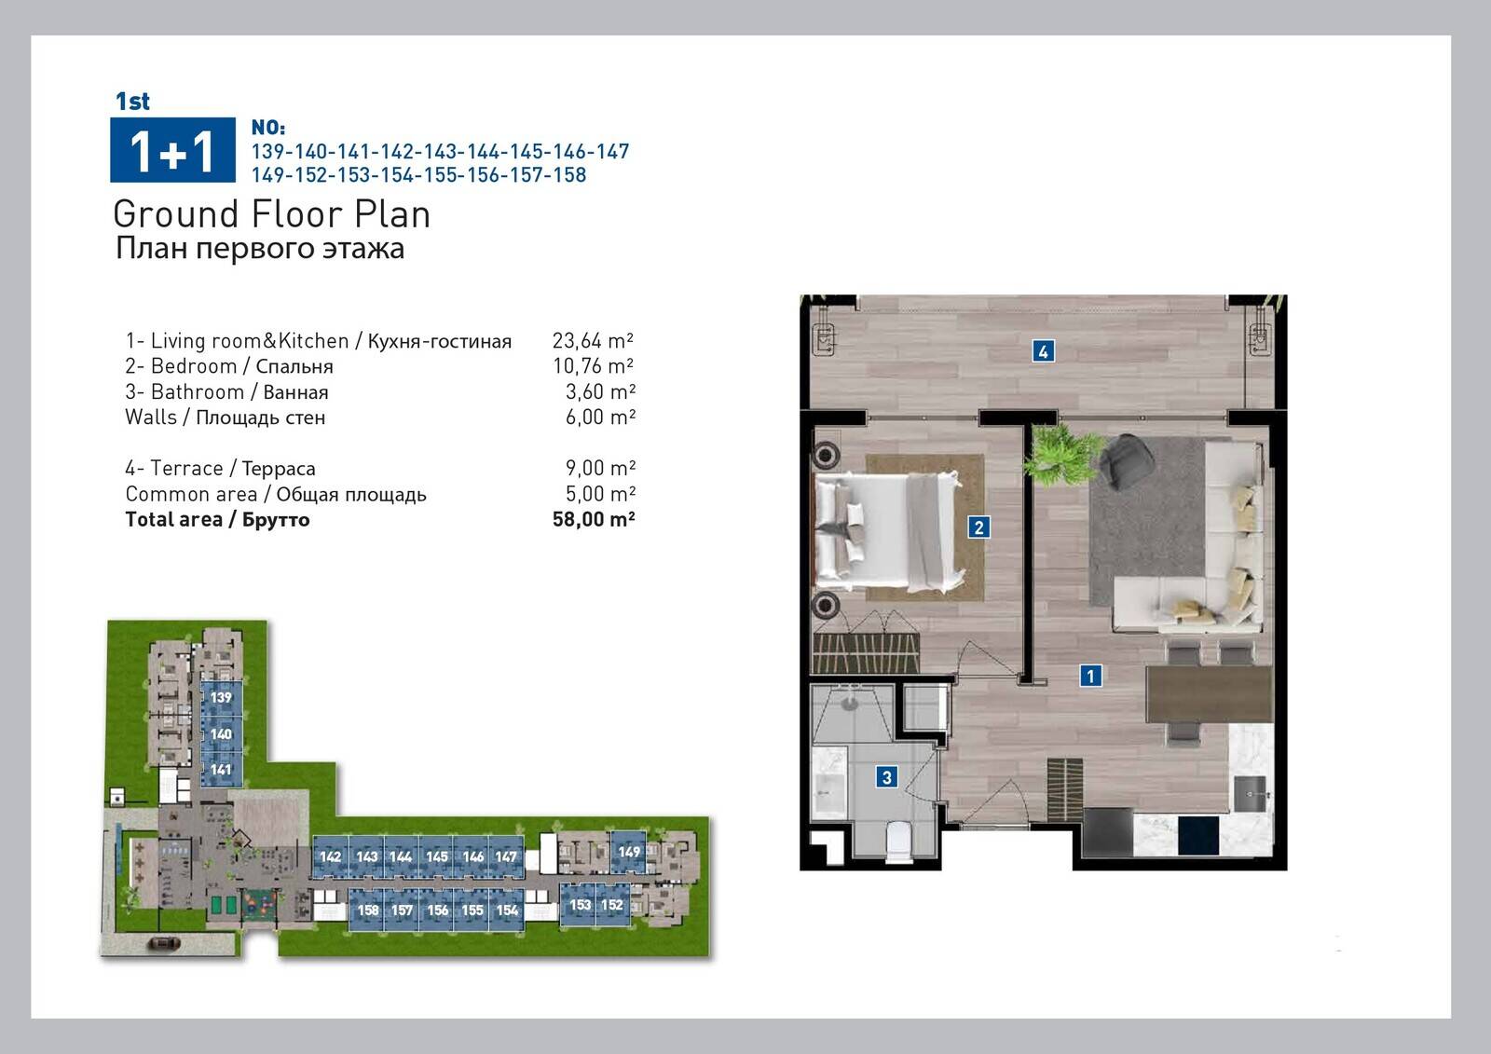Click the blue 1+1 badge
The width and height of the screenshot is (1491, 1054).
pos(172,150)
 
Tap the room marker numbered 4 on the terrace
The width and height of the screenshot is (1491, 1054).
pos(1043,351)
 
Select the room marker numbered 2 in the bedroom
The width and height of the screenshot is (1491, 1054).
pos(978,527)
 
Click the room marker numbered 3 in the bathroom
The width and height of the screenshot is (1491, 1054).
pos(886,776)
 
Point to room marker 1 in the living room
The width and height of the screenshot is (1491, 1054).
pos(1090,676)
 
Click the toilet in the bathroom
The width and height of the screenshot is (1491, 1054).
pos(899,838)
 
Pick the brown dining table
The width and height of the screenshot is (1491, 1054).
pos(1209,694)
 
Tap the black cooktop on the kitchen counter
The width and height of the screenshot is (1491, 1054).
pos(1198,835)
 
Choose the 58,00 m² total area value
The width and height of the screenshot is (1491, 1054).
pos(593,519)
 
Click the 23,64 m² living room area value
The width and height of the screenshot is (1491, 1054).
pos(593,341)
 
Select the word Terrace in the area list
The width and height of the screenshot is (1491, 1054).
pos(186,468)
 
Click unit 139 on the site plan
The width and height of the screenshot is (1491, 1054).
pos(221,697)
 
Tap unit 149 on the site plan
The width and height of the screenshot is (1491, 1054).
pos(628,852)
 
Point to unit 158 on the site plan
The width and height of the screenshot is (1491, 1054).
pos(367,910)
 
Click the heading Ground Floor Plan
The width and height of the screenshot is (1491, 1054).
pos(271,214)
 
